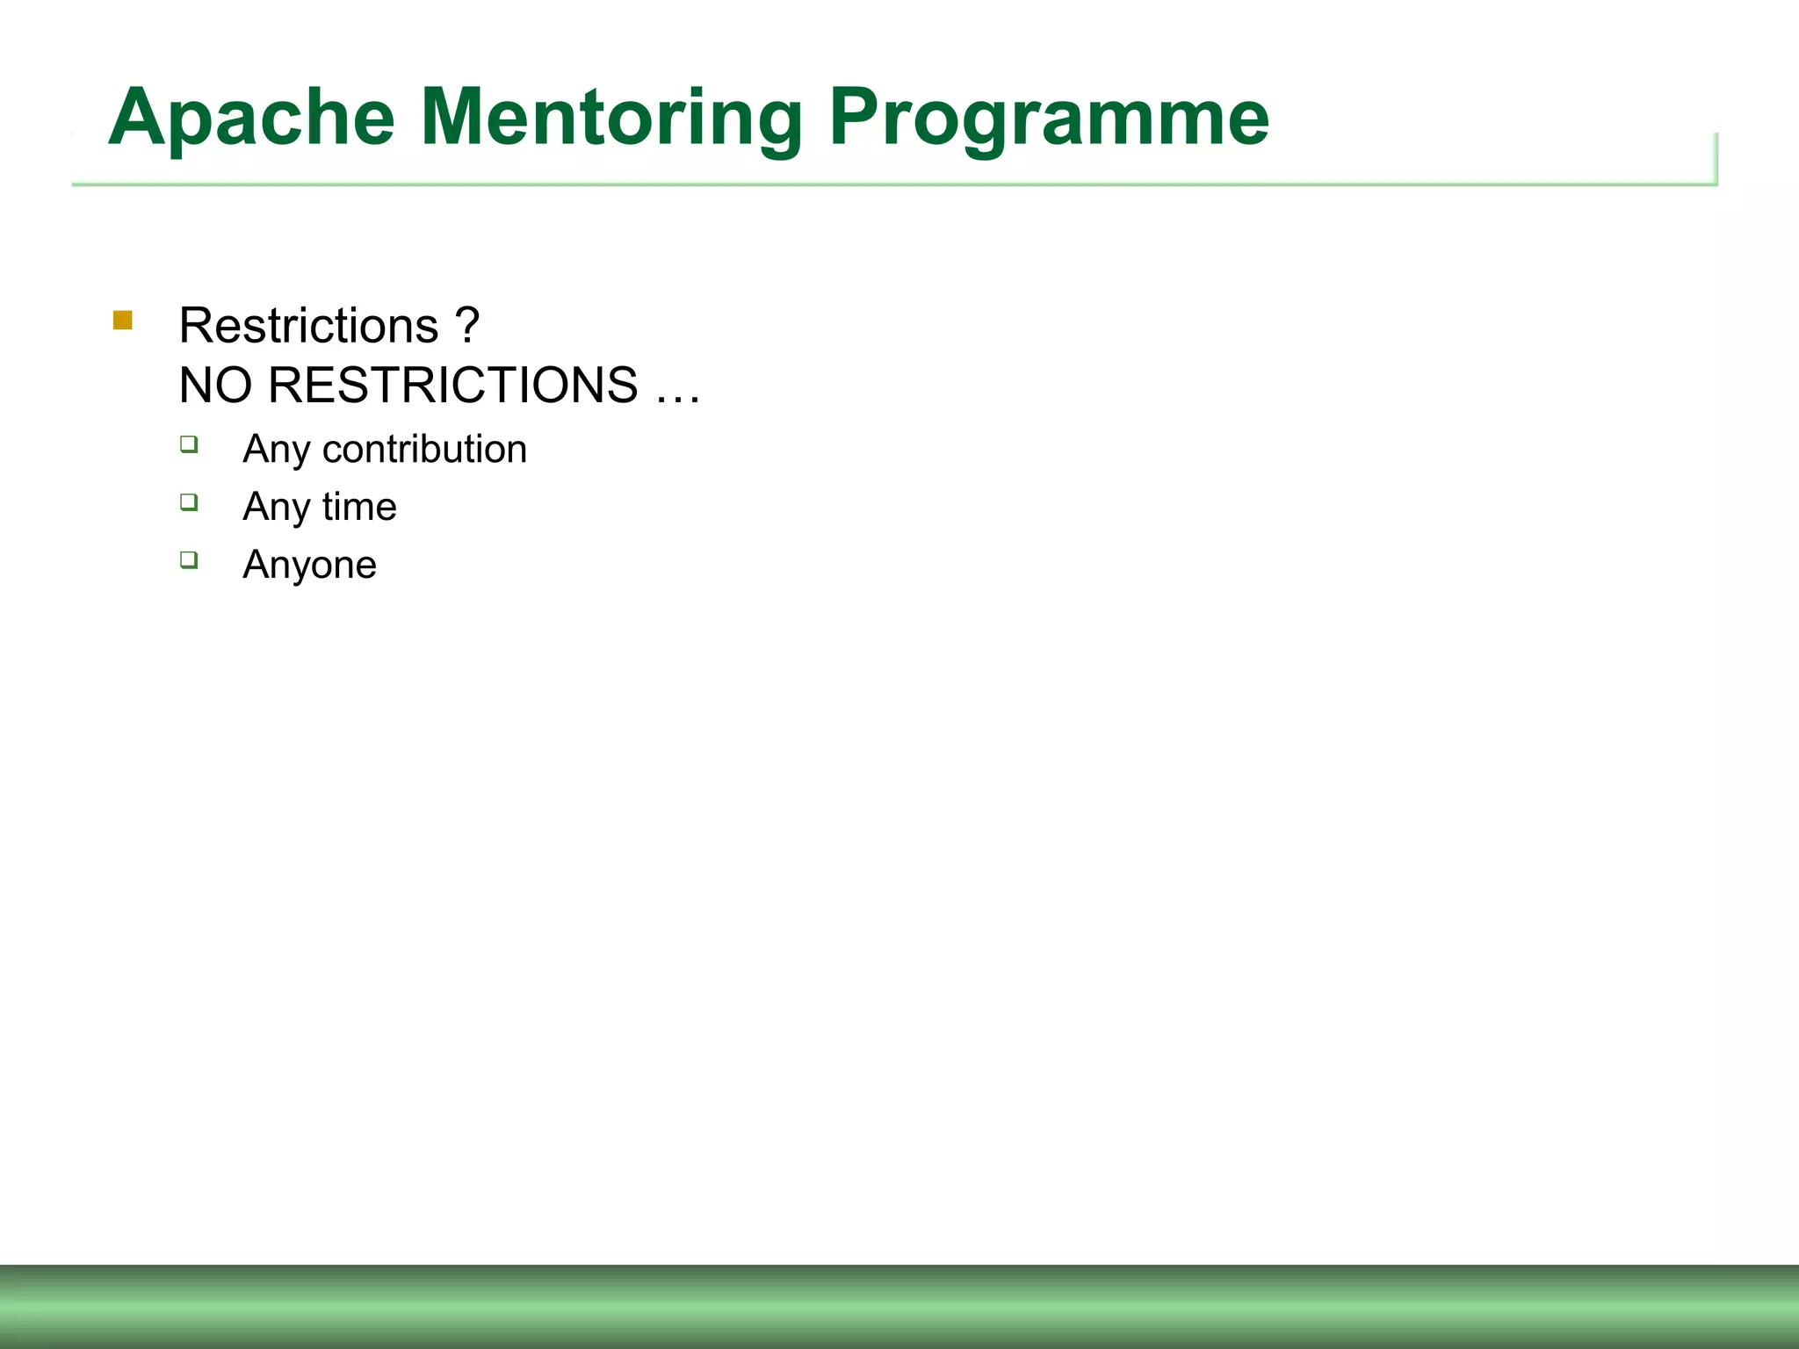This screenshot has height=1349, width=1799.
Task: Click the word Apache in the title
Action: [251, 118]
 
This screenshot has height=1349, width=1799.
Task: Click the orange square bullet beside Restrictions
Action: [123, 321]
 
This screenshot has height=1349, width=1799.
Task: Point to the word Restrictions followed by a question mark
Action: [308, 326]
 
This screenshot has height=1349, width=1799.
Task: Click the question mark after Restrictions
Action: [467, 326]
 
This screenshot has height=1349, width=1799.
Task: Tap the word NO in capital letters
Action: [215, 385]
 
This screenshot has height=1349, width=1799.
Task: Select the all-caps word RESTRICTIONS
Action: [452, 385]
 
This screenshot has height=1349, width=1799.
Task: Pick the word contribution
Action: [424, 449]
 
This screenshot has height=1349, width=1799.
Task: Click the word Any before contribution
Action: [276, 451]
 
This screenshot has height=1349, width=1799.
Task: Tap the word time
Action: [359, 507]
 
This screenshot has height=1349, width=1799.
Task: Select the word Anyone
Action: [309, 565]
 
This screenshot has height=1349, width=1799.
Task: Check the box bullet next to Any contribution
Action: [189, 444]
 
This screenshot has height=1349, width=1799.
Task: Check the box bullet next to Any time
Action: [189, 502]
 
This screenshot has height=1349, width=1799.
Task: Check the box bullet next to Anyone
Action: [189, 559]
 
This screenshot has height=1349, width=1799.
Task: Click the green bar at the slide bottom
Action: [899, 1307]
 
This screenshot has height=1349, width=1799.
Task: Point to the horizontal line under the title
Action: [878, 184]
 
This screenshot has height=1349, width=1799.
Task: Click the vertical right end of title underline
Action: [1716, 158]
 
